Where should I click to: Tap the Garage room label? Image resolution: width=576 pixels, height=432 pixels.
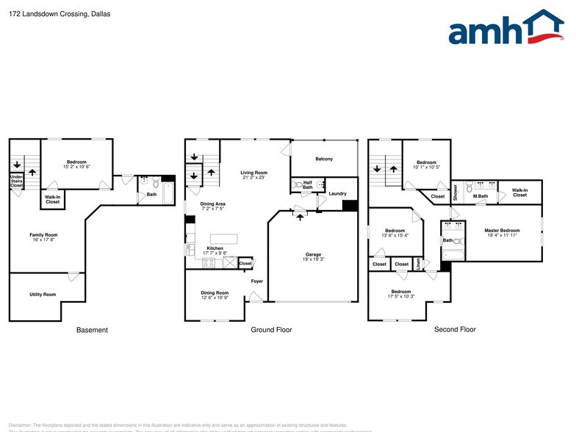click(x=314, y=255)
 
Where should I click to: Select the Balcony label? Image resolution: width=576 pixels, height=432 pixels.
click(x=324, y=159)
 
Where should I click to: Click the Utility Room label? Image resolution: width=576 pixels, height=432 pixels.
click(x=43, y=295)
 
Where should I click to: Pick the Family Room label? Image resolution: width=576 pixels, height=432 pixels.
click(x=43, y=235)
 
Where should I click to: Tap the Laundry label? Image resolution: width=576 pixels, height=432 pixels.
click(x=338, y=193)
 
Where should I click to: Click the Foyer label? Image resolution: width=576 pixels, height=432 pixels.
click(x=257, y=281)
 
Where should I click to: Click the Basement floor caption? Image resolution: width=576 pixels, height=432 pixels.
click(x=93, y=330)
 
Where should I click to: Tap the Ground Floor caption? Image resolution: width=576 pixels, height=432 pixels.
click(x=271, y=330)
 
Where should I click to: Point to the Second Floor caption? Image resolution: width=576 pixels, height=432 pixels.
click(x=456, y=330)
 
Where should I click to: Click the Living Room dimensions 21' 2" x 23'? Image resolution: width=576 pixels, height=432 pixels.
click(x=252, y=177)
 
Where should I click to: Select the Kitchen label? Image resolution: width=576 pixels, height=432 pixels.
click(x=215, y=248)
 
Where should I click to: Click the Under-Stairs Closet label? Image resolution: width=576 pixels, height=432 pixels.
click(x=16, y=181)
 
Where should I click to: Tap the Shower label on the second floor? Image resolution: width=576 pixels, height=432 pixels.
click(x=456, y=192)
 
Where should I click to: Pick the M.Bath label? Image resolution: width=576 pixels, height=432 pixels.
click(x=480, y=196)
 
